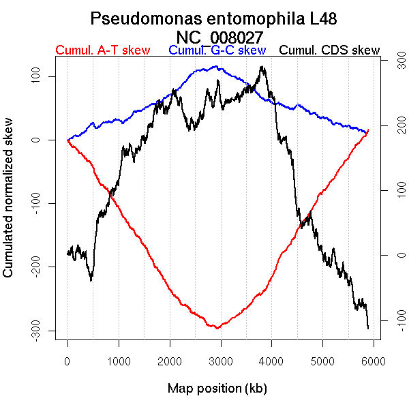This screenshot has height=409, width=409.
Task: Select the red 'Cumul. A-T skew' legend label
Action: click(x=102, y=51)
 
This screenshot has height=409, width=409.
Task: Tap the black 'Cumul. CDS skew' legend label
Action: click(x=330, y=51)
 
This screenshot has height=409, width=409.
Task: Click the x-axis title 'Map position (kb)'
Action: click(x=217, y=389)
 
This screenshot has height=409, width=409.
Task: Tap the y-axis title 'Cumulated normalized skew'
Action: click(x=9, y=204)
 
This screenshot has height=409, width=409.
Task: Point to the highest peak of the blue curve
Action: click(x=216, y=67)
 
